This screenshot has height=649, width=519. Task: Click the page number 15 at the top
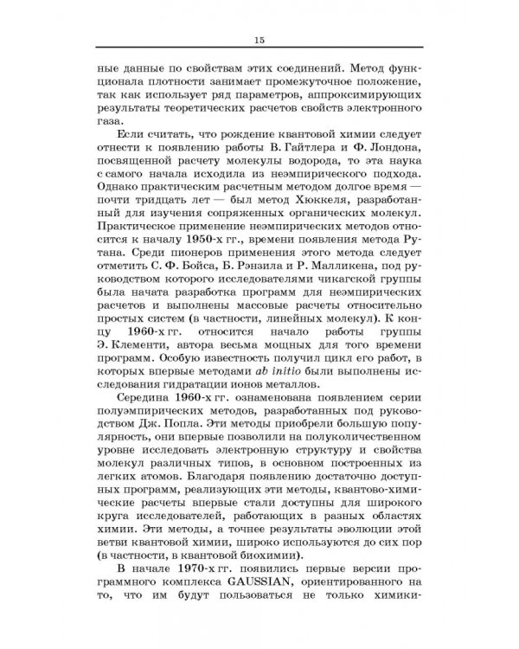tap(259, 42)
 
